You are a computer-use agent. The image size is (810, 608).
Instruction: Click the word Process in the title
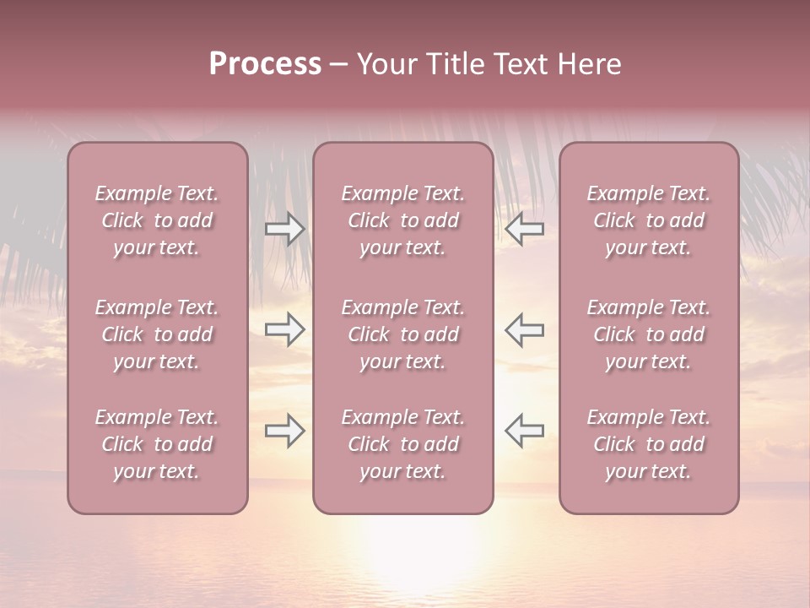click(x=265, y=64)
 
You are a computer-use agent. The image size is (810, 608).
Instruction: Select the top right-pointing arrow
click(x=284, y=229)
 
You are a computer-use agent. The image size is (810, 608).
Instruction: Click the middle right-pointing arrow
click(x=284, y=329)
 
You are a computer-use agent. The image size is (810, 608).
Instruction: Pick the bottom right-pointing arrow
click(x=284, y=431)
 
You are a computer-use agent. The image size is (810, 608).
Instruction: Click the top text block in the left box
click(x=157, y=220)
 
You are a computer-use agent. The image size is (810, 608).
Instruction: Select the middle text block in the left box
click(x=157, y=334)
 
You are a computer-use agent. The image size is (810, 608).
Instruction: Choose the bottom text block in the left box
click(x=157, y=444)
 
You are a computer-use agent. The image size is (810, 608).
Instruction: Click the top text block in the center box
click(x=402, y=220)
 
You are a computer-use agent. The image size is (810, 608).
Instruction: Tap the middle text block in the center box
click(x=402, y=334)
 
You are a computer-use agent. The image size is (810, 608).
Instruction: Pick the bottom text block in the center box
click(x=402, y=444)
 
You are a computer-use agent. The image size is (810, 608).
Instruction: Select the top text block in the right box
click(x=648, y=220)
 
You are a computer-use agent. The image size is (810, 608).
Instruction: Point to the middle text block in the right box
click(x=648, y=334)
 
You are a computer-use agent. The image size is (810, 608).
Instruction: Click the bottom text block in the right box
click(x=648, y=444)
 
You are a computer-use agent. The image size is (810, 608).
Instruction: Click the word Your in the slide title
click(x=387, y=64)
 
